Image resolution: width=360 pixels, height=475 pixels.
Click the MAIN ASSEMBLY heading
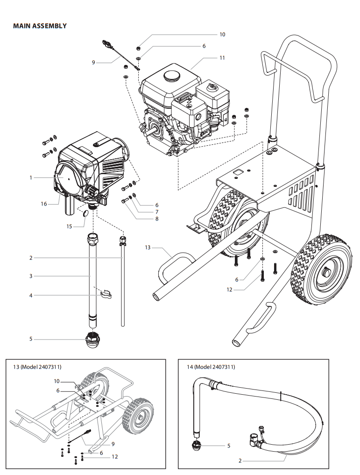tap(40, 26)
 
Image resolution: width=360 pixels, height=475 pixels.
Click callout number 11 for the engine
tap(222, 58)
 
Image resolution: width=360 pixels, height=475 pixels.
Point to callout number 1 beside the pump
tap(31, 177)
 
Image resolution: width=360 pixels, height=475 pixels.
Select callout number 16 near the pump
tap(44, 204)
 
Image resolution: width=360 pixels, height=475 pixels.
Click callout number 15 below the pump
tap(69, 227)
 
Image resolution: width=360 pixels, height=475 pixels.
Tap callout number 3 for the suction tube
tap(31, 276)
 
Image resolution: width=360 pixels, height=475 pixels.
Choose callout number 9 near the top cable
tap(93, 62)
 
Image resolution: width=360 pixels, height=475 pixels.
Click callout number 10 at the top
tap(222, 35)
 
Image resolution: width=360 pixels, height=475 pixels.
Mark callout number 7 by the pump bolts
tap(157, 212)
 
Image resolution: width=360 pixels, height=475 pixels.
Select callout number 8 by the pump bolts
tap(157, 219)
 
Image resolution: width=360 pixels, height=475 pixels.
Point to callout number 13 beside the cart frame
tap(148, 248)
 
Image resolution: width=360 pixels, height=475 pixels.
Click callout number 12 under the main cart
tap(229, 290)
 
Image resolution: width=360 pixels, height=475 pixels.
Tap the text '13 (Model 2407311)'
tap(37, 367)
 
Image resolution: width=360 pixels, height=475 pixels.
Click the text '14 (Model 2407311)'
tap(211, 367)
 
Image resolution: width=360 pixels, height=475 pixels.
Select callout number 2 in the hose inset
tap(240, 461)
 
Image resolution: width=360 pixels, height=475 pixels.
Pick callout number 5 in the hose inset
tap(229, 446)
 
